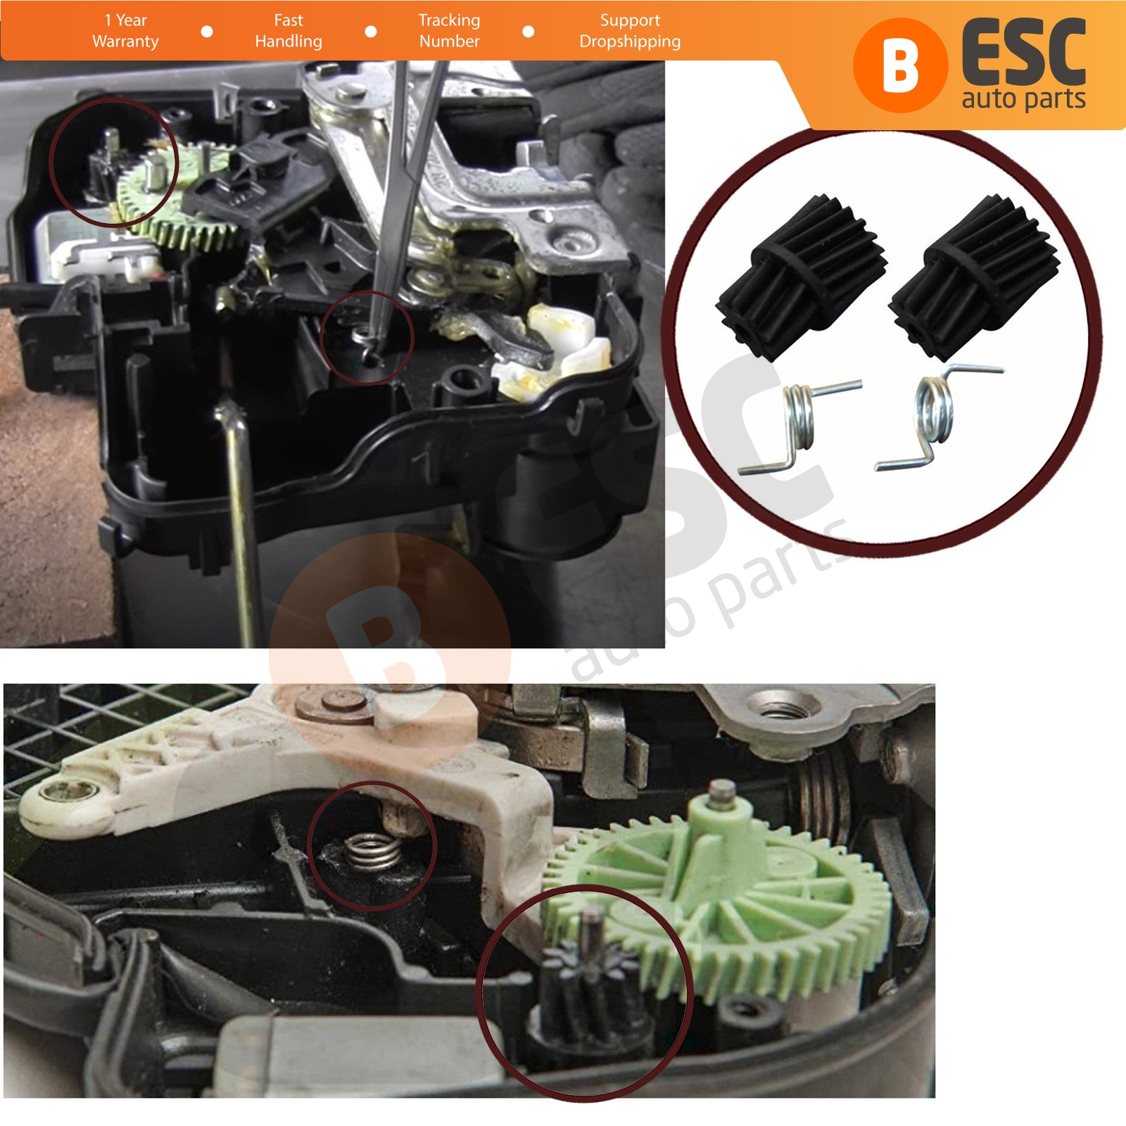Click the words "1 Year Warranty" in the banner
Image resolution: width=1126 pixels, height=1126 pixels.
pyautogui.click(x=125, y=31)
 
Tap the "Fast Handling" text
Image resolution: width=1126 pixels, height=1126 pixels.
pyautogui.click(x=289, y=31)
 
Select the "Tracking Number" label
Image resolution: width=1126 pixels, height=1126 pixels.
pyautogui.click(x=449, y=31)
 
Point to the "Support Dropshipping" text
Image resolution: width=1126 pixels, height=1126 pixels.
pyautogui.click(x=630, y=31)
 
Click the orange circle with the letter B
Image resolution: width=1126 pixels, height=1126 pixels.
pyautogui.click(x=900, y=65)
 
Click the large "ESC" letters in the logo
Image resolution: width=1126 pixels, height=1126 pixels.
pyautogui.click(x=1024, y=53)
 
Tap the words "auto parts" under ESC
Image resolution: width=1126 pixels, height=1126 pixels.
pyautogui.click(x=1023, y=99)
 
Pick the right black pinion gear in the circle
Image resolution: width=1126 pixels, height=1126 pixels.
pyautogui.click(x=974, y=274)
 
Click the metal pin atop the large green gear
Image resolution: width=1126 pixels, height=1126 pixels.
pyautogui.click(x=719, y=792)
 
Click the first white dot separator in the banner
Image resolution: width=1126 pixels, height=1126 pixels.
pyautogui.click(x=207, y=32)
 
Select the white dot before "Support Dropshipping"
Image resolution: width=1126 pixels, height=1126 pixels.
pyautogui.click(x=529, y=32)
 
